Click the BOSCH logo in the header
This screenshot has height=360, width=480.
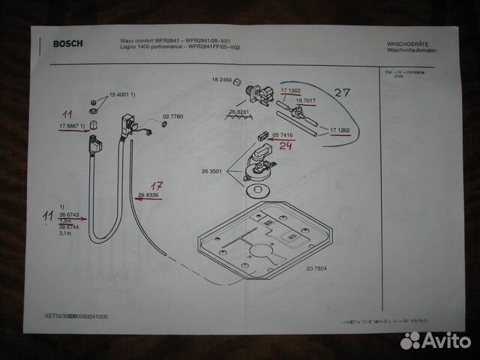[x=67, y=43]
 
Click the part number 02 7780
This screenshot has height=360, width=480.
[x=172, y=117]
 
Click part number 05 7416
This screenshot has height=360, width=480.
[x=283, y=135]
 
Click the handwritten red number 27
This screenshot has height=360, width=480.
[x=343, y=93]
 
